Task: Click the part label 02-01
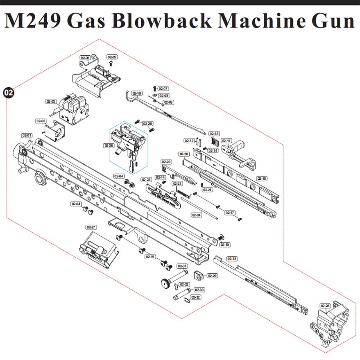click(x=27, y=135)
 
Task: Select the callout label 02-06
click(x=85, y=58)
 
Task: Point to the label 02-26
click(x=109, y=145)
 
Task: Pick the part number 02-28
click(x=325, y=306)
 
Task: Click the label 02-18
click(x=232, y=258)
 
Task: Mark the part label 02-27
click(x=91, y=227)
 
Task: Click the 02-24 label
click(x=197, y=215)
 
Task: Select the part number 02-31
click(x=182, y=266)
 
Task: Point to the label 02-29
click(x=212, y=276)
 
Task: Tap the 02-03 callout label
click(x=51, y=101)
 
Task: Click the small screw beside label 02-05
click(x=111, y=64)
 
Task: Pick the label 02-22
click(x=146, y=179)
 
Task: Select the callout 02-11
click(x=226, y=141)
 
